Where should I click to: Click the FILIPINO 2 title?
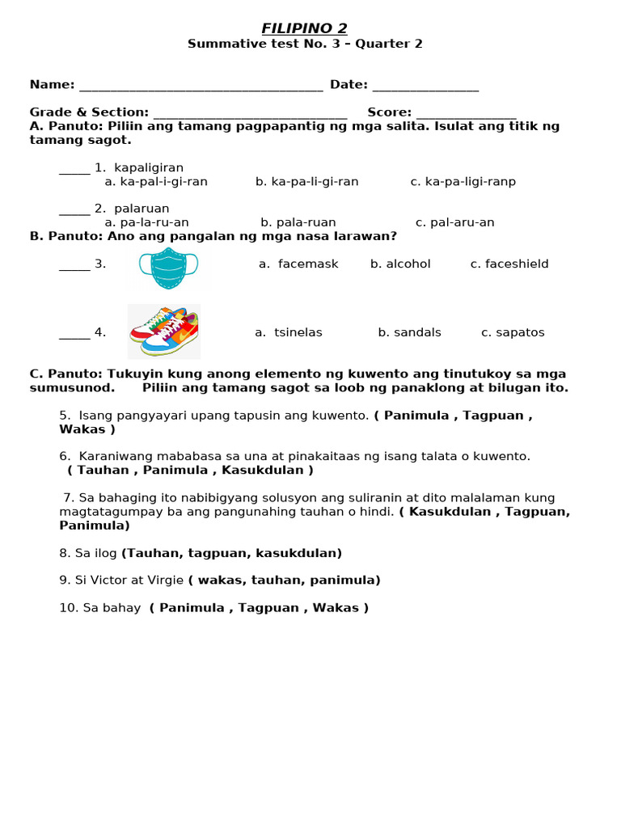[x=304, y=29]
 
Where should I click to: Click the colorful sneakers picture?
[x=164, y=332]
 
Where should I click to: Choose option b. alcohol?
[x=400, y=264]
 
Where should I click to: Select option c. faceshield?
[x=509, y=264]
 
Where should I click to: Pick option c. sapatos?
[x=513, y=333]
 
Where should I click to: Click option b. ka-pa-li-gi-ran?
[x=306, y=182]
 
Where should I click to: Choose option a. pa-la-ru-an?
[x=147, y=222]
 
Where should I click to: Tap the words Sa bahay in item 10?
[x=112, y=608]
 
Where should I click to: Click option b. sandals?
[x=409, y=333]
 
